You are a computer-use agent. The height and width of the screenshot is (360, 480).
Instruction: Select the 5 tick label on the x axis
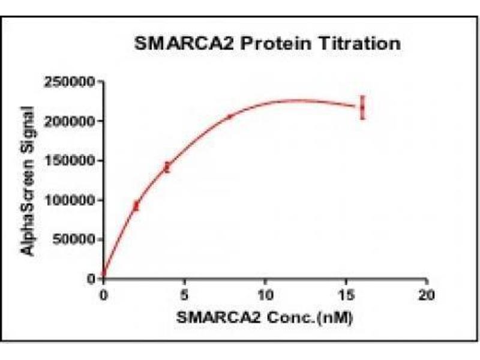[x=184, y=295]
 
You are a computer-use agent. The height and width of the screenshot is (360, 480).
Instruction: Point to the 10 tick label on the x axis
[x=265, y=295]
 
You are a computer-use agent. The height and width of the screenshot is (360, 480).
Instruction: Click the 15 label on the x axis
[x=346, y=295]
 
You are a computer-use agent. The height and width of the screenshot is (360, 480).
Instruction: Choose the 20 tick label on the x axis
[x=427, y=295]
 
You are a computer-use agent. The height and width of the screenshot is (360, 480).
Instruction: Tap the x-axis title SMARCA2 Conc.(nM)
[x=265, y=317]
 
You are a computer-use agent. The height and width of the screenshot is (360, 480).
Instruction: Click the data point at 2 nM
[x=136, y=206]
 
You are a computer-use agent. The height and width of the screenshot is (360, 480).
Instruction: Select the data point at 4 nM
[x=167, y=167]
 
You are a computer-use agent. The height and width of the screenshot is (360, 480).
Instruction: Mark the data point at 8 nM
[x=230, y=117]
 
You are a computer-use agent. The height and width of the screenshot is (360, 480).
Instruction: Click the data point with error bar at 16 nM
[x=362, y=107]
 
